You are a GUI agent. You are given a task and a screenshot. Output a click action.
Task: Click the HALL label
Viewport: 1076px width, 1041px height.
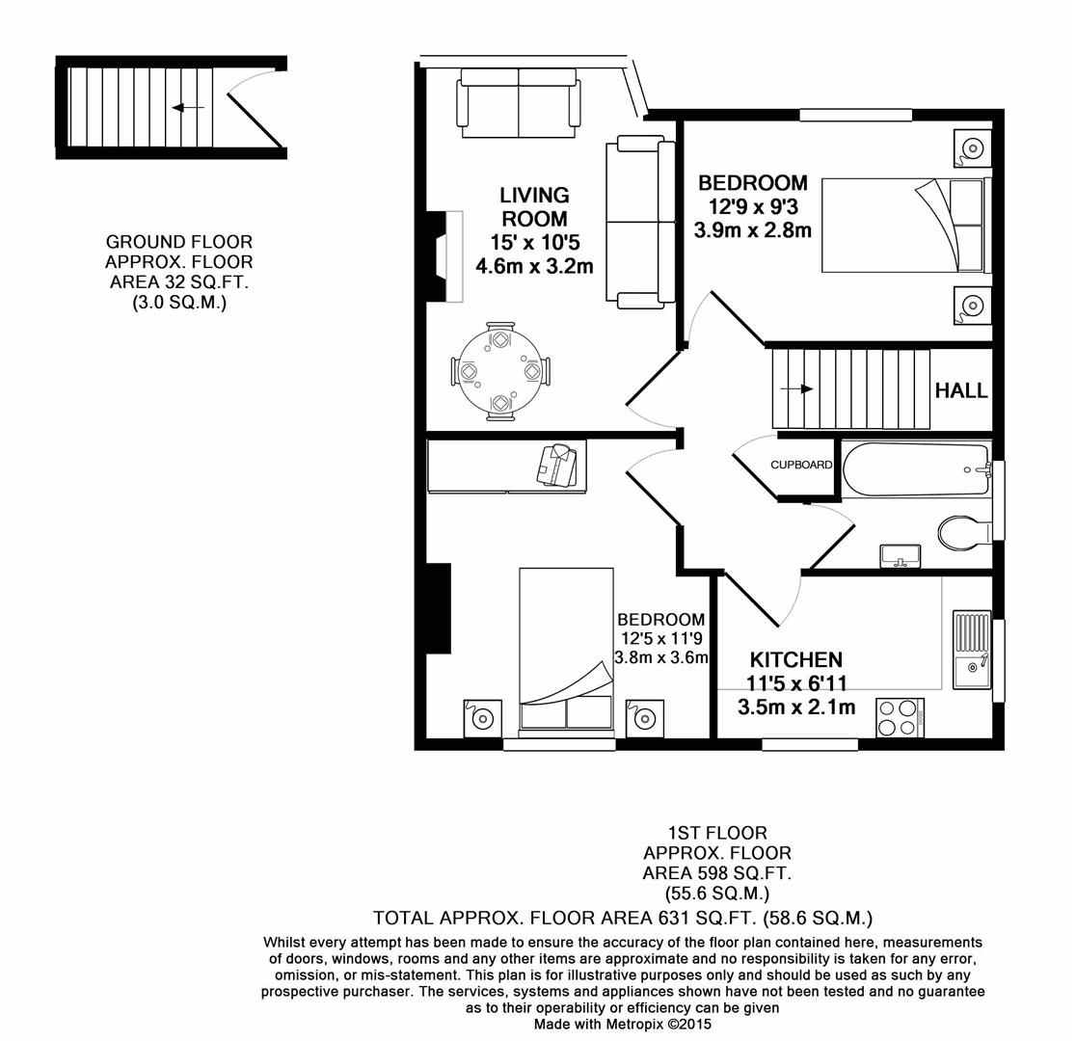(961, 390)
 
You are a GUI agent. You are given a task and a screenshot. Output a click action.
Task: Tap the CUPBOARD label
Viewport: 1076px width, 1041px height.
(801, 465)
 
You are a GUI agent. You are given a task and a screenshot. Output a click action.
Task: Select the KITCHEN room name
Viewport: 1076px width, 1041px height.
(796, 660)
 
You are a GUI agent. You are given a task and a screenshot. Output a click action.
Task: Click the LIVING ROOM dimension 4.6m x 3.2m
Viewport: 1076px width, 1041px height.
(534, 266)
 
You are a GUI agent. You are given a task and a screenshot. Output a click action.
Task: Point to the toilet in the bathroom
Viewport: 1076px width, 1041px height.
(963, 531)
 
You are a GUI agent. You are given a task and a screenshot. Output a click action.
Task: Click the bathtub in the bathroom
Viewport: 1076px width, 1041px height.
(916, 469)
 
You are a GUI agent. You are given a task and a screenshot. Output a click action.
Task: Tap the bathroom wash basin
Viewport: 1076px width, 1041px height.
(901, 556)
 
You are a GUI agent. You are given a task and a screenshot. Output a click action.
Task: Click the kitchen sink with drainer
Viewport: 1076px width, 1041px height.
(972, 650)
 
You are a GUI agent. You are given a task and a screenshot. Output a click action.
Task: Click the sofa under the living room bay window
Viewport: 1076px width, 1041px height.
(520, 102)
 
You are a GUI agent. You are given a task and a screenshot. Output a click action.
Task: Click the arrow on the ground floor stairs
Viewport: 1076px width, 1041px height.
(187, 108)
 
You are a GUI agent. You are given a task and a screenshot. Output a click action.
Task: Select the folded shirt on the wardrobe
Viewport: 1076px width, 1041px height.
(560, 465)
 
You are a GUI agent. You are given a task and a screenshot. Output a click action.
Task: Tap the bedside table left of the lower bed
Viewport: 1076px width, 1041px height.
(482, 718)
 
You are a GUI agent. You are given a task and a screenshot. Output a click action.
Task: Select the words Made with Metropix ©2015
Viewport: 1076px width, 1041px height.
(622, 1024)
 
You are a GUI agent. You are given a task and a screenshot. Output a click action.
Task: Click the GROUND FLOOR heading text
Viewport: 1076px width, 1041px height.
(178, 241)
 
